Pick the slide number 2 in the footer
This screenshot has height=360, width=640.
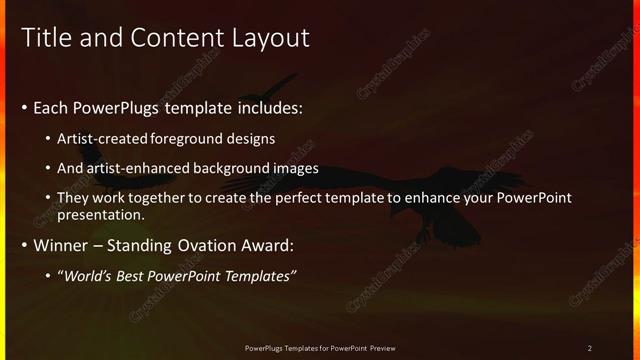tap(589, 348)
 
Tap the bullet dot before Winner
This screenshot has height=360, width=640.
tap(25, 245)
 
